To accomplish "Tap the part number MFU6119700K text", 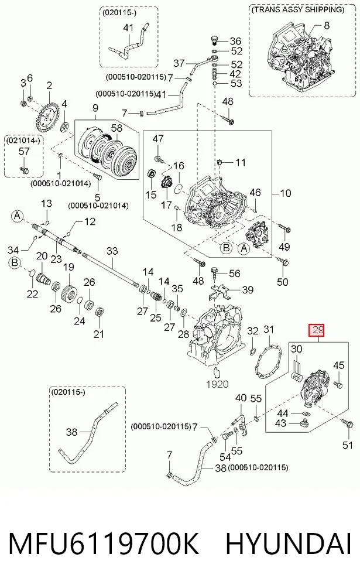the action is [x=104, y=544].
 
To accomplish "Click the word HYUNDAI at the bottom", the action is [x=288, y=544].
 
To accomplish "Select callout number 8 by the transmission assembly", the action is [x=327, y=26].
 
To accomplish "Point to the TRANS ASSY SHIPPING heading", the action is [x=298, y=9].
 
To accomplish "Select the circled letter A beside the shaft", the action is [x=17, y=216].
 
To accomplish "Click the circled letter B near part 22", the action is [x=14, y=262].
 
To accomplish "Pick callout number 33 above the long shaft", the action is [x=112, y=251].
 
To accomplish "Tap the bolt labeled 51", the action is [x=348, y=424].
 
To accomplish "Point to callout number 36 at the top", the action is [x=235, y=41].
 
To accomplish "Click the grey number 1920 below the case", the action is [x=217, y=384].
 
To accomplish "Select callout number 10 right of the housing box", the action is [x=286, y=193].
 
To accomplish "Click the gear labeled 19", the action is [x=70, y=291].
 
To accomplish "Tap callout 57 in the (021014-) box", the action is [x=24, y=152].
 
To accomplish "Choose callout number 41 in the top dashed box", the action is [x=128, y=28].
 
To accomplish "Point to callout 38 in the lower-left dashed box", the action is [x=71, y=432].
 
